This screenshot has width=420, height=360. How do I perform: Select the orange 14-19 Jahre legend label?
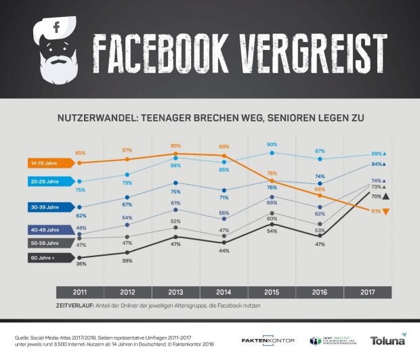coord(53,163)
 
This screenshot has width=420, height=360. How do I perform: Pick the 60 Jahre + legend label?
coord(51,258)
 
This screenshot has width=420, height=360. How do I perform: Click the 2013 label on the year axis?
coord(175,292)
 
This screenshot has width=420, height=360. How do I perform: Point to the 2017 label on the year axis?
coord(367,292)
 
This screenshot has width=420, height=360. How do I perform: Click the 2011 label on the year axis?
coord(79,292)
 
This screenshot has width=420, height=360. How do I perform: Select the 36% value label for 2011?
coord(81,264)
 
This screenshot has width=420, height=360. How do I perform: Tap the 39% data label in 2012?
coord(127,261)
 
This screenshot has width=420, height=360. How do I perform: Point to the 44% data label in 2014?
coord(224,251)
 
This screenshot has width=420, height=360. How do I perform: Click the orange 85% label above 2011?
coord(81,154)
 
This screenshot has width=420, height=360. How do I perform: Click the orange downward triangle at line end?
coord(385,212)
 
